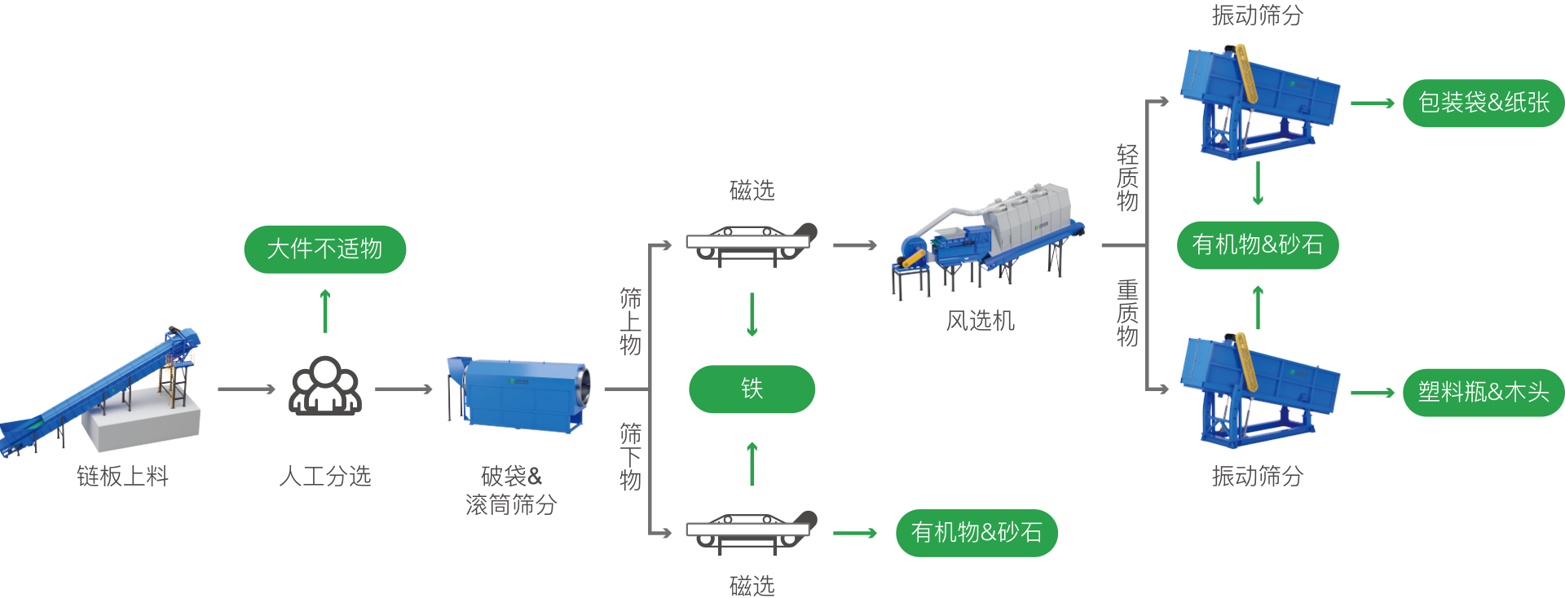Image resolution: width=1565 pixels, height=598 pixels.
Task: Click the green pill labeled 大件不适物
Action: click(324, 248)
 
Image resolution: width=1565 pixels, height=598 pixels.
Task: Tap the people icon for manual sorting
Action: click(325, 387)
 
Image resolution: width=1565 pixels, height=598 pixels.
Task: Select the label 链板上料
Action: click(122, 476)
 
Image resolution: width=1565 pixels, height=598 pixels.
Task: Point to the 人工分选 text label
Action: click(324, 476)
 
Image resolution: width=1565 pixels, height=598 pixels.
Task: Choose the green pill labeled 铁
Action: click(752, 389)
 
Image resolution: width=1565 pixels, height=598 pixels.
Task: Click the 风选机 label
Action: click(980, 321)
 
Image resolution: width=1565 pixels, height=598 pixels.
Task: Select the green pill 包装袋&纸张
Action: click(1483, 103)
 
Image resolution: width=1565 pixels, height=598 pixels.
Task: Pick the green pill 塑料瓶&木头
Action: click(1483, 393)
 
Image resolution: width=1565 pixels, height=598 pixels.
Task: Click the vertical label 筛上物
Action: click(630, 322)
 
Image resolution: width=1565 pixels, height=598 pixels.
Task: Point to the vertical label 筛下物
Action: click(630, 457)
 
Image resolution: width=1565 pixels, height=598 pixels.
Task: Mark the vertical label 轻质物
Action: click(1127, 178)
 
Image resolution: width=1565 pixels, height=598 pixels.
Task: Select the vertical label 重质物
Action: click(1127, 313)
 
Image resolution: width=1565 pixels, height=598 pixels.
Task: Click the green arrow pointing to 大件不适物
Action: click(325, 310)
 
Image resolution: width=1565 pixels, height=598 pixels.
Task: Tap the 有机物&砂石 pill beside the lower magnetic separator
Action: click(976, 533)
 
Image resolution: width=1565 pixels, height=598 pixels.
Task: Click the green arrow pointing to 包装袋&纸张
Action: click(1373, 103)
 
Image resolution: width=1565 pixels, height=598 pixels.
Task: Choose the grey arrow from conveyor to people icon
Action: click(246, 389)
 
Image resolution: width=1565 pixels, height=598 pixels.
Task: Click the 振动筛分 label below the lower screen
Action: click(1257, 476)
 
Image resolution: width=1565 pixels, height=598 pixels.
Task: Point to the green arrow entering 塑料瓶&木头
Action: click(1373, 393)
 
